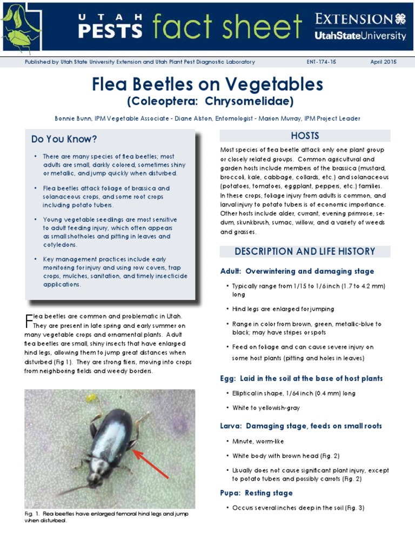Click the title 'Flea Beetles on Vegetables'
(207, 84)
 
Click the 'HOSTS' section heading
(305, 136)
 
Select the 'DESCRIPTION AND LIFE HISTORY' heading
(305, 252)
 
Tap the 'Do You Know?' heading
(64, 139)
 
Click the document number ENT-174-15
(321, 62)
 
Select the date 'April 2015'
(383, 62)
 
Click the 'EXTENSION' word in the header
(354, 19)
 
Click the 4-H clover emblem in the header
(400, 19)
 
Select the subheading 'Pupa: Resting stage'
(256, 493)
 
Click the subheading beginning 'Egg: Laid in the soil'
(301, 379)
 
